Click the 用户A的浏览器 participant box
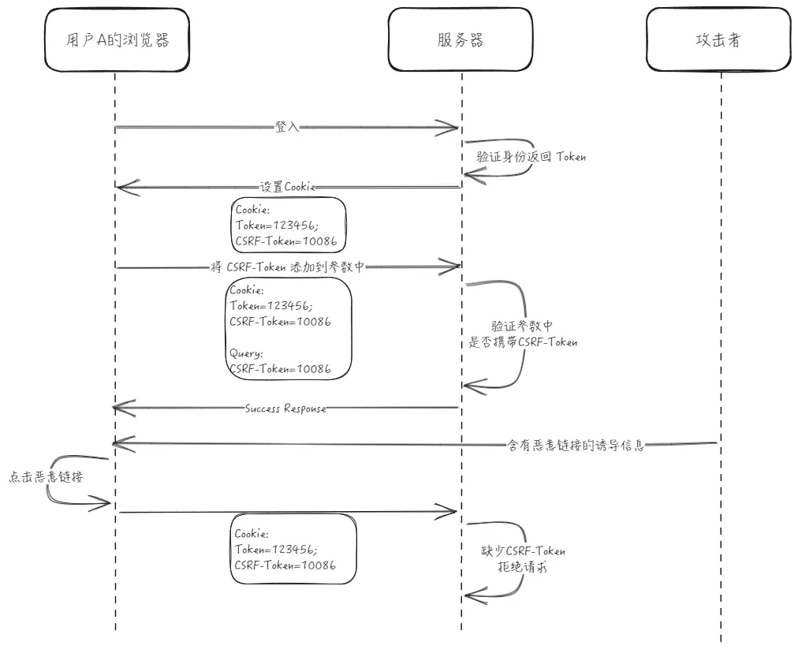coord(117,40)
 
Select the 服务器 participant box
coord(461,40)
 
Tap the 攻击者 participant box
coord(718,40)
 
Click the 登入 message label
coord(287,127)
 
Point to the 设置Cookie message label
coord(288,188)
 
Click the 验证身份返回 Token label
coord(531,157)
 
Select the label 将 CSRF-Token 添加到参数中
coord(288,267)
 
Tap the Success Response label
coord(285,409)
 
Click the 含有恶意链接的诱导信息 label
coord(575,445)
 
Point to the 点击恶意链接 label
coord(46,477)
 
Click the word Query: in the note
coord(245,354)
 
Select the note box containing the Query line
coord(288,329)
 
